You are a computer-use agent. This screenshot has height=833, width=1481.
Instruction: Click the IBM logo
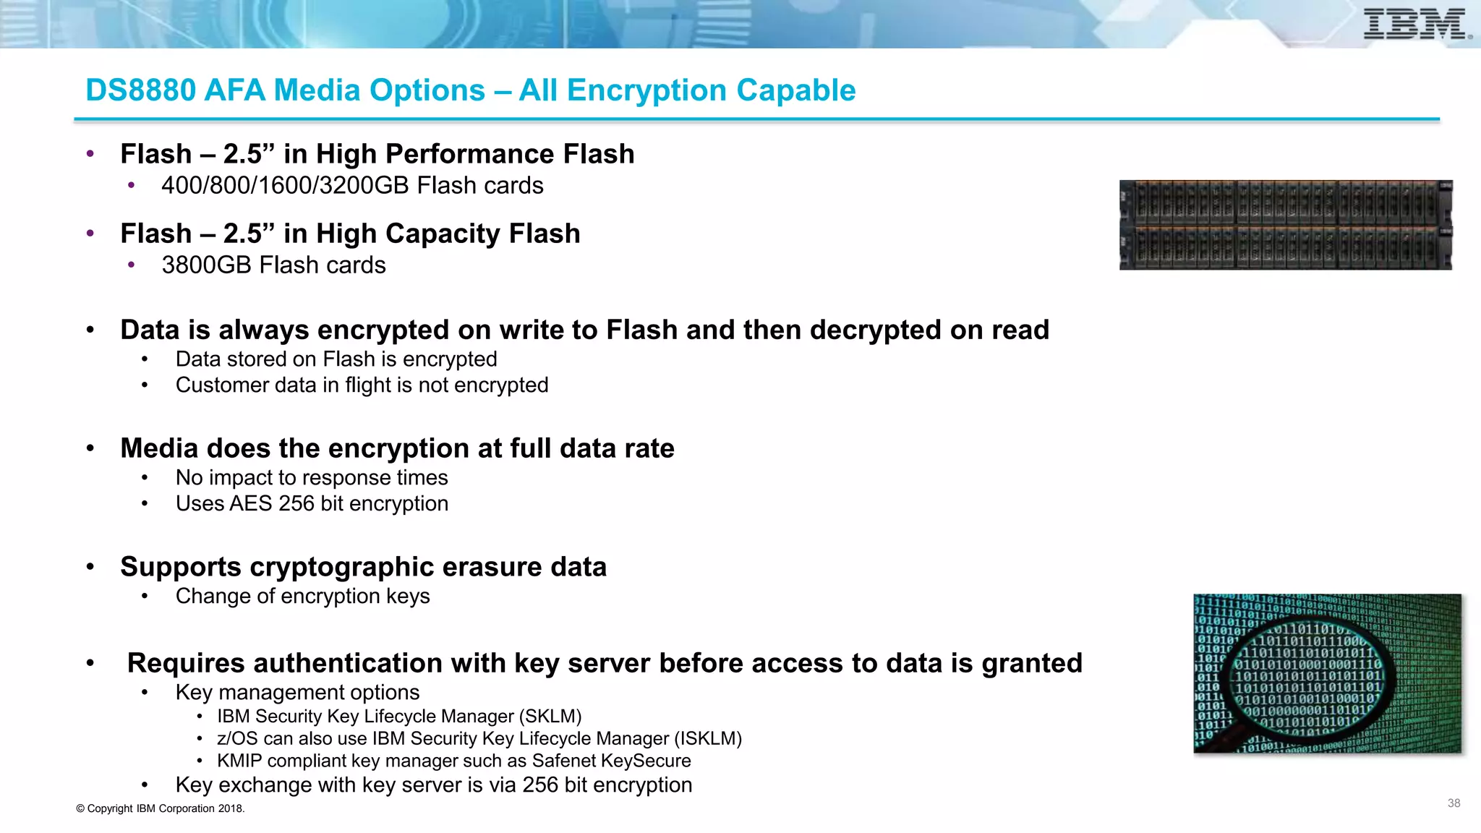pos(1416,24)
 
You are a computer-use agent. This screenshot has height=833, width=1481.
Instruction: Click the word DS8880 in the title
pos(141,90)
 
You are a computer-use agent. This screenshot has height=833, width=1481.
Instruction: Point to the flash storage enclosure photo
pos(1286,225)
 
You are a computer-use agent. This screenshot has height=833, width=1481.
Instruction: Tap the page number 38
pos(1454,803)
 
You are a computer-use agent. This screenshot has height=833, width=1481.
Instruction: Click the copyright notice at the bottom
pos(161,808)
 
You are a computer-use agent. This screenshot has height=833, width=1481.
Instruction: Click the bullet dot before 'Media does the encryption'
pos(90,448)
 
